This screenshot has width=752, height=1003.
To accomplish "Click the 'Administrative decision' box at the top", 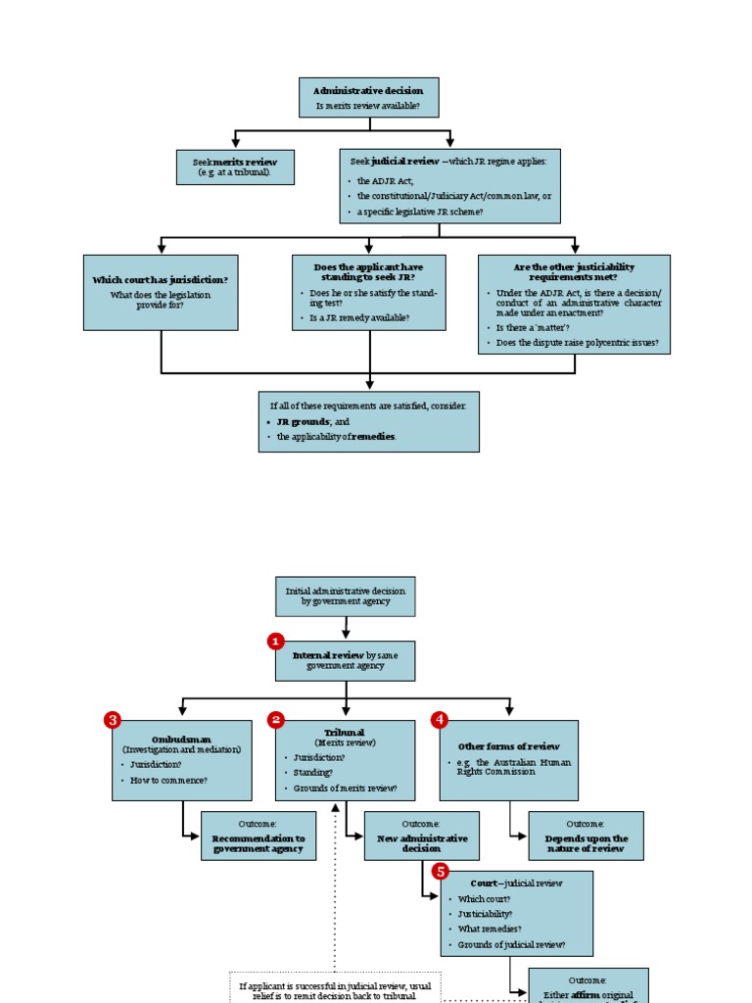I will (368, 98).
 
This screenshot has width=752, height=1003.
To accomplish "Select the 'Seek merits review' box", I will (235, 167).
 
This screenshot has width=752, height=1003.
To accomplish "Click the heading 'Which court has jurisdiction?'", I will (161, 279).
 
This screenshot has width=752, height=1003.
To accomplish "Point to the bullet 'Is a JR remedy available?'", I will (359, 317).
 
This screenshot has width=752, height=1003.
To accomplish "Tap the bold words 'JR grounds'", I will (303, 421).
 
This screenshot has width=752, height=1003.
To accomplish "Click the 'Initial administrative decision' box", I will (345, 596).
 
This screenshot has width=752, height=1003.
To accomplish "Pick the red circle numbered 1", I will (276, 641).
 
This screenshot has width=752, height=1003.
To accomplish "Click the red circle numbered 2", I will (276, 720).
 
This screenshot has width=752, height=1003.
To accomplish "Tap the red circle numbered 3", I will (113, 720).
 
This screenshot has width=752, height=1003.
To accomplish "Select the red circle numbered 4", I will (440, 720).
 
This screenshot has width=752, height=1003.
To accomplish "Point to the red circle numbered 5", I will (441, 871).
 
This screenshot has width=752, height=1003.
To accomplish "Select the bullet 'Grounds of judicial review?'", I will (511, 945).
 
